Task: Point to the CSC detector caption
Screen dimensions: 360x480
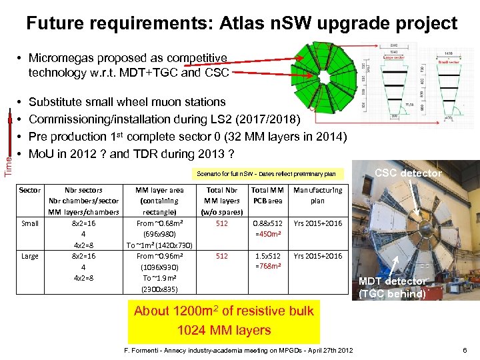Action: point(408,173)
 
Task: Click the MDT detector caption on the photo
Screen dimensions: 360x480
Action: point(394,281)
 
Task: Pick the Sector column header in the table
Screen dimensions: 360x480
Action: point(29,190)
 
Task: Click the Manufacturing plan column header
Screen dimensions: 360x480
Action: point(317,195)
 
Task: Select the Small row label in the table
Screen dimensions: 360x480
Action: point(29,223)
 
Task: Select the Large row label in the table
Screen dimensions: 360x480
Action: point(29,256)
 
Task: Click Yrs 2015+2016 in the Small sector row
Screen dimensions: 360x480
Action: point(317,223)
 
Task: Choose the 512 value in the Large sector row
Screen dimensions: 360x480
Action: point(221,256)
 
